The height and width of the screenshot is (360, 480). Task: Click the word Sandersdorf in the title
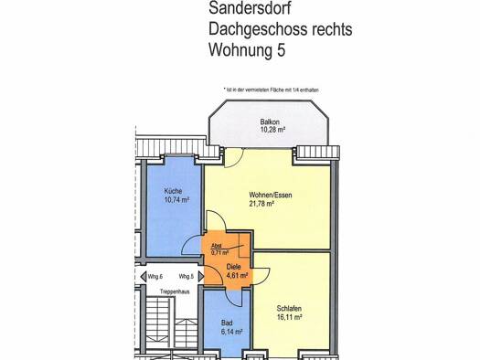250,7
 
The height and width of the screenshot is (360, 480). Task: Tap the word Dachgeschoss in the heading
258,29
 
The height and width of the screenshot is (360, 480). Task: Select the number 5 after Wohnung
282,49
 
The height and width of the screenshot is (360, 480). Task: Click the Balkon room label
270,122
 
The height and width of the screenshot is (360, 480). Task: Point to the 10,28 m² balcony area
272,130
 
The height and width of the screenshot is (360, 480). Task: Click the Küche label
174,191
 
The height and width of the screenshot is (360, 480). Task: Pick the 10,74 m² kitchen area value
177,200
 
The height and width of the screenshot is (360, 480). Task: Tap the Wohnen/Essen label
271,195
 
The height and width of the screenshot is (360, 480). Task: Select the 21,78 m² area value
261,204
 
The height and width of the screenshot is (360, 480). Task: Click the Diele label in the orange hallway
233,267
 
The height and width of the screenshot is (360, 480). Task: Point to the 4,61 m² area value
237,275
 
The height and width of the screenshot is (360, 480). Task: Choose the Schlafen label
289,309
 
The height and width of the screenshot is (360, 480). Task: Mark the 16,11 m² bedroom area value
290,317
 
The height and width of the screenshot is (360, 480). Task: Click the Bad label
227,323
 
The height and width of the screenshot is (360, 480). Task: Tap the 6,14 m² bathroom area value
231,332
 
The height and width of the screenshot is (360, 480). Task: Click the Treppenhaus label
175,291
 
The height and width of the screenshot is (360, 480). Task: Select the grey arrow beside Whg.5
201,277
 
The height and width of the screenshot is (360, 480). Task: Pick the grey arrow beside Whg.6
144,277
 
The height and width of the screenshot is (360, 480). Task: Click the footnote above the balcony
272,90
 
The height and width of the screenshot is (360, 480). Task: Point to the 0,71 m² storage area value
220,253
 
